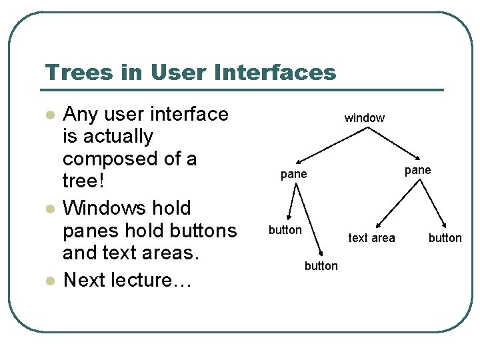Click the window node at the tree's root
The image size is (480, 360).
point(364,118)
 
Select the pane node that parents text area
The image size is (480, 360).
point(417,170)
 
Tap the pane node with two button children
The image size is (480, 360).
point(293,174)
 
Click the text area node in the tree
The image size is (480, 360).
point(371,238)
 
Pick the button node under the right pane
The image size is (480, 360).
point(445,238)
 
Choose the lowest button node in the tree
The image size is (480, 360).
point(321,266)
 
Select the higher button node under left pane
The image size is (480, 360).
point(285,230)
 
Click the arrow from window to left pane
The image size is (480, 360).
point(330,143)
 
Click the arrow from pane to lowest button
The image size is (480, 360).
point(309,219)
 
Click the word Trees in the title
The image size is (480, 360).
point(70,72)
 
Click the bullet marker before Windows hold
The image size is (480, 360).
point(48,209)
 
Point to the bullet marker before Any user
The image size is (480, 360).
point(48,115)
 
